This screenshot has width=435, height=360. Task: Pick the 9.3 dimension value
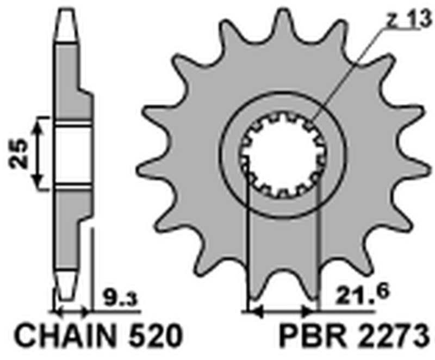[x=115, y=298]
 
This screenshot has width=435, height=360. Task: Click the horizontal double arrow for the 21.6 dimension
[x=282, y=313]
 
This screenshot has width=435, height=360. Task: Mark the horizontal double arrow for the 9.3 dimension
[x=71, y=312]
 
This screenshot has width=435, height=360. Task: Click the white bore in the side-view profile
[x=72, y=157]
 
